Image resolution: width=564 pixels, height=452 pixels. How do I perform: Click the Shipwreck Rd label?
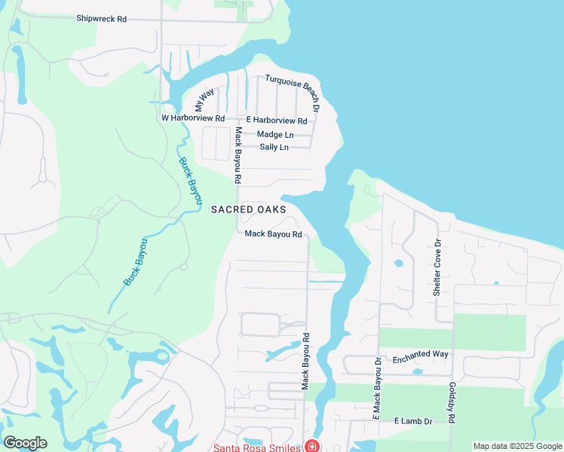pyautogui.click(x=101, y=19)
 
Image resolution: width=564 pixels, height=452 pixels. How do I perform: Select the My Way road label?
pyautogui.click(x=204, y=99)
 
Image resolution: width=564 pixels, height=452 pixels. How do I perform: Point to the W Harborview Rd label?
pyautogui.click(x=193, y=118)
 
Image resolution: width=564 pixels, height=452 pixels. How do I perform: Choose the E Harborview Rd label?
pyautogui.click(x=277, y=121)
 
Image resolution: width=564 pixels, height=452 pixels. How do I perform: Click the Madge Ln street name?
pyautogui.click(x=274, y=134)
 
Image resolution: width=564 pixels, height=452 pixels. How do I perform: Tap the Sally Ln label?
pyautogui.click(x=274, y=147)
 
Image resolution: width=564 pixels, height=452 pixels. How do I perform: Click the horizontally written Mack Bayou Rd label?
pyautogui.click(x=273, y=234)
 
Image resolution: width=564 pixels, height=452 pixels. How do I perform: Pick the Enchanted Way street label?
pyautogui.click(x=421, y=354)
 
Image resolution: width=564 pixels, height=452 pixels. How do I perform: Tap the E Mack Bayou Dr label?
pyautogui.click(x=378, y=389)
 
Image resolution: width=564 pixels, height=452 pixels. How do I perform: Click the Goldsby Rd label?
pyautogui.click(x=452, y=405)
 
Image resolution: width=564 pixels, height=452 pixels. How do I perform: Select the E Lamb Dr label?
pyautogui.click(x=413, y=422)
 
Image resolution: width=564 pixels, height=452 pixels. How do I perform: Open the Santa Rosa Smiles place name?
pyautogui.click(x=259, y=446)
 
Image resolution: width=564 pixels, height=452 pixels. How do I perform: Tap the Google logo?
pyautogui.click(x=25, y=442)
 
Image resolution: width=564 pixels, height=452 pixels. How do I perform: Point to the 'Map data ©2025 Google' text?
pyautogui.click(x=517, y=446)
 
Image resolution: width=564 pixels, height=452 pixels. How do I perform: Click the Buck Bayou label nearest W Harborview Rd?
pyautogui.click(x=191, y=181)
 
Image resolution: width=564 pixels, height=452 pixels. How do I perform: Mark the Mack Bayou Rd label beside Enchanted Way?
pyautogui.click(x=306, y=362)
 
